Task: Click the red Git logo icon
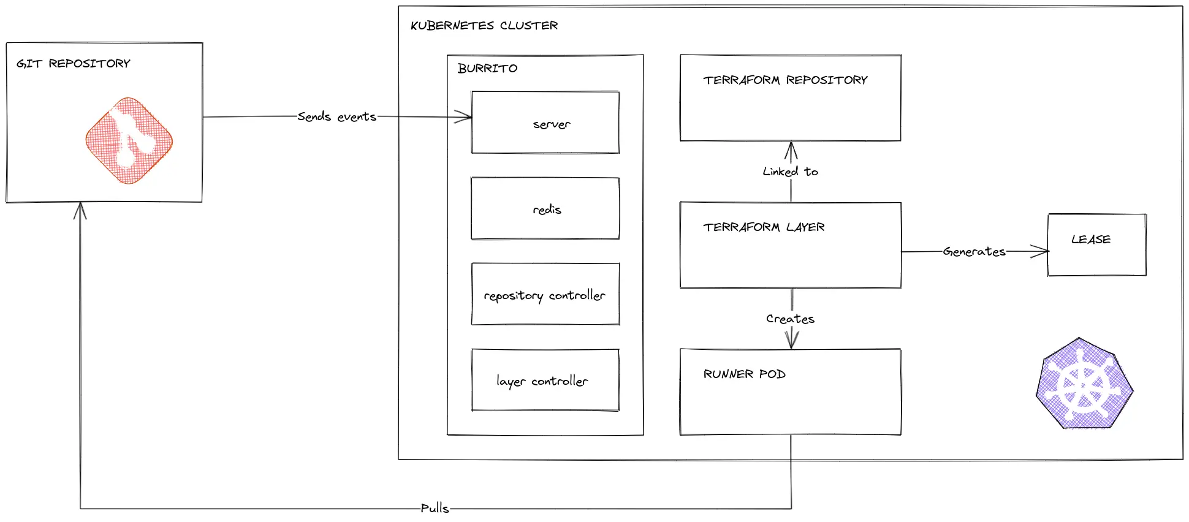point(129,140)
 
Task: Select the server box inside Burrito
point(545,123)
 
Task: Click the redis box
point(545,209)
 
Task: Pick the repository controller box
point(545,295)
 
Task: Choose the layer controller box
point(545,380)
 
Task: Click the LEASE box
point(1096,245)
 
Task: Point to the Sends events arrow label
point(336,116)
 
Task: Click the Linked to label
point(790,172)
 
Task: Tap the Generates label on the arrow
point(974,251)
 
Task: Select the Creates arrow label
point(790,319)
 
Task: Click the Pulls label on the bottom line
point(435,508)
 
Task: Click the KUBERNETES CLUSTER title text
point(484,26)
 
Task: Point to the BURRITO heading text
point(487,68)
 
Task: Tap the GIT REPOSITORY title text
point(74,64)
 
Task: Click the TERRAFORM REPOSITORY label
point(785,80)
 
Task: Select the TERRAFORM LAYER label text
point(764,227)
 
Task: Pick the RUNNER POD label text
point(744,374)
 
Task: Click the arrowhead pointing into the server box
point(465,116)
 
